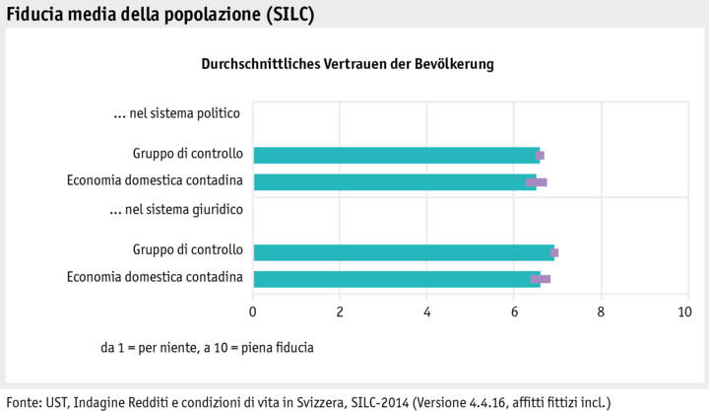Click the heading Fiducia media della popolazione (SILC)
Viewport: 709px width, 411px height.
(x=161, y=14)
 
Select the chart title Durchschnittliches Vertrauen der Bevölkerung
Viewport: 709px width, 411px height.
(x=348, y=63)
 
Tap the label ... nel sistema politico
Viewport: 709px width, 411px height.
(x=177, y=113)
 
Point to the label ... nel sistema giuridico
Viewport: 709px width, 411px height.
(x=176, y=209)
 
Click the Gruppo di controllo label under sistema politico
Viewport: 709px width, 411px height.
(x=187, y=154)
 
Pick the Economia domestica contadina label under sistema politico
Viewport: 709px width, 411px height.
(x=155, y=180)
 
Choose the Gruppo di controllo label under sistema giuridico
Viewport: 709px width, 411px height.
(x=187, y=250)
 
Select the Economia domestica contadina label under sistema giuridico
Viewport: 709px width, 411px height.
(x=155, y=277)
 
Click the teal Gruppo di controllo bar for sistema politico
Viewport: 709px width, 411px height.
(x=394, y=155)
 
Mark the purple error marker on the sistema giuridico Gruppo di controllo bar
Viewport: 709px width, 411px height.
(x=554, y=252)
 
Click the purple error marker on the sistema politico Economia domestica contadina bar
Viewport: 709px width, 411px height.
(x=536, y=182)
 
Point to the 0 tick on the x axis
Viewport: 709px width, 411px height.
(x=253, y=312)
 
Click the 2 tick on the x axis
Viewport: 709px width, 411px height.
(x=340, y=312)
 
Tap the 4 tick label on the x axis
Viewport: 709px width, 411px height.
(x=427, y=312)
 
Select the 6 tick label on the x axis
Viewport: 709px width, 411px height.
(x=514, y=312)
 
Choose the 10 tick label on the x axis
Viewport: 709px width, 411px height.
(x=685, y=312)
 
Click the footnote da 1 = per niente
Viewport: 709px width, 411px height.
(x=207, y=348)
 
